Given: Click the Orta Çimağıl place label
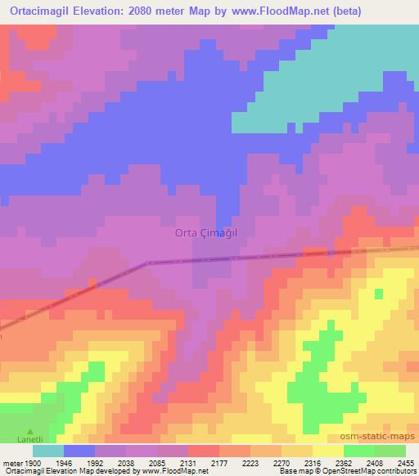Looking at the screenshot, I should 205,232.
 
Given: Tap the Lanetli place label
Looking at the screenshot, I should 31,440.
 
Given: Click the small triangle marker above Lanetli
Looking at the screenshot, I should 31,431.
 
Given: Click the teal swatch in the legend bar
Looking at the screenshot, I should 48,451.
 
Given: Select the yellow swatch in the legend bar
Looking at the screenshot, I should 327,451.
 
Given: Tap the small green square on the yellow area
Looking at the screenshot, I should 378,293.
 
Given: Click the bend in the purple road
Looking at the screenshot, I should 147,263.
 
